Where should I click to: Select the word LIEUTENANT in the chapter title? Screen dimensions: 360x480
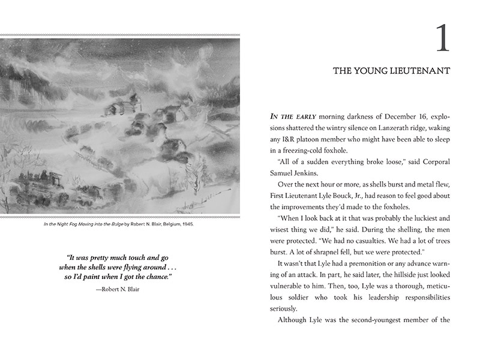[421, 71]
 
